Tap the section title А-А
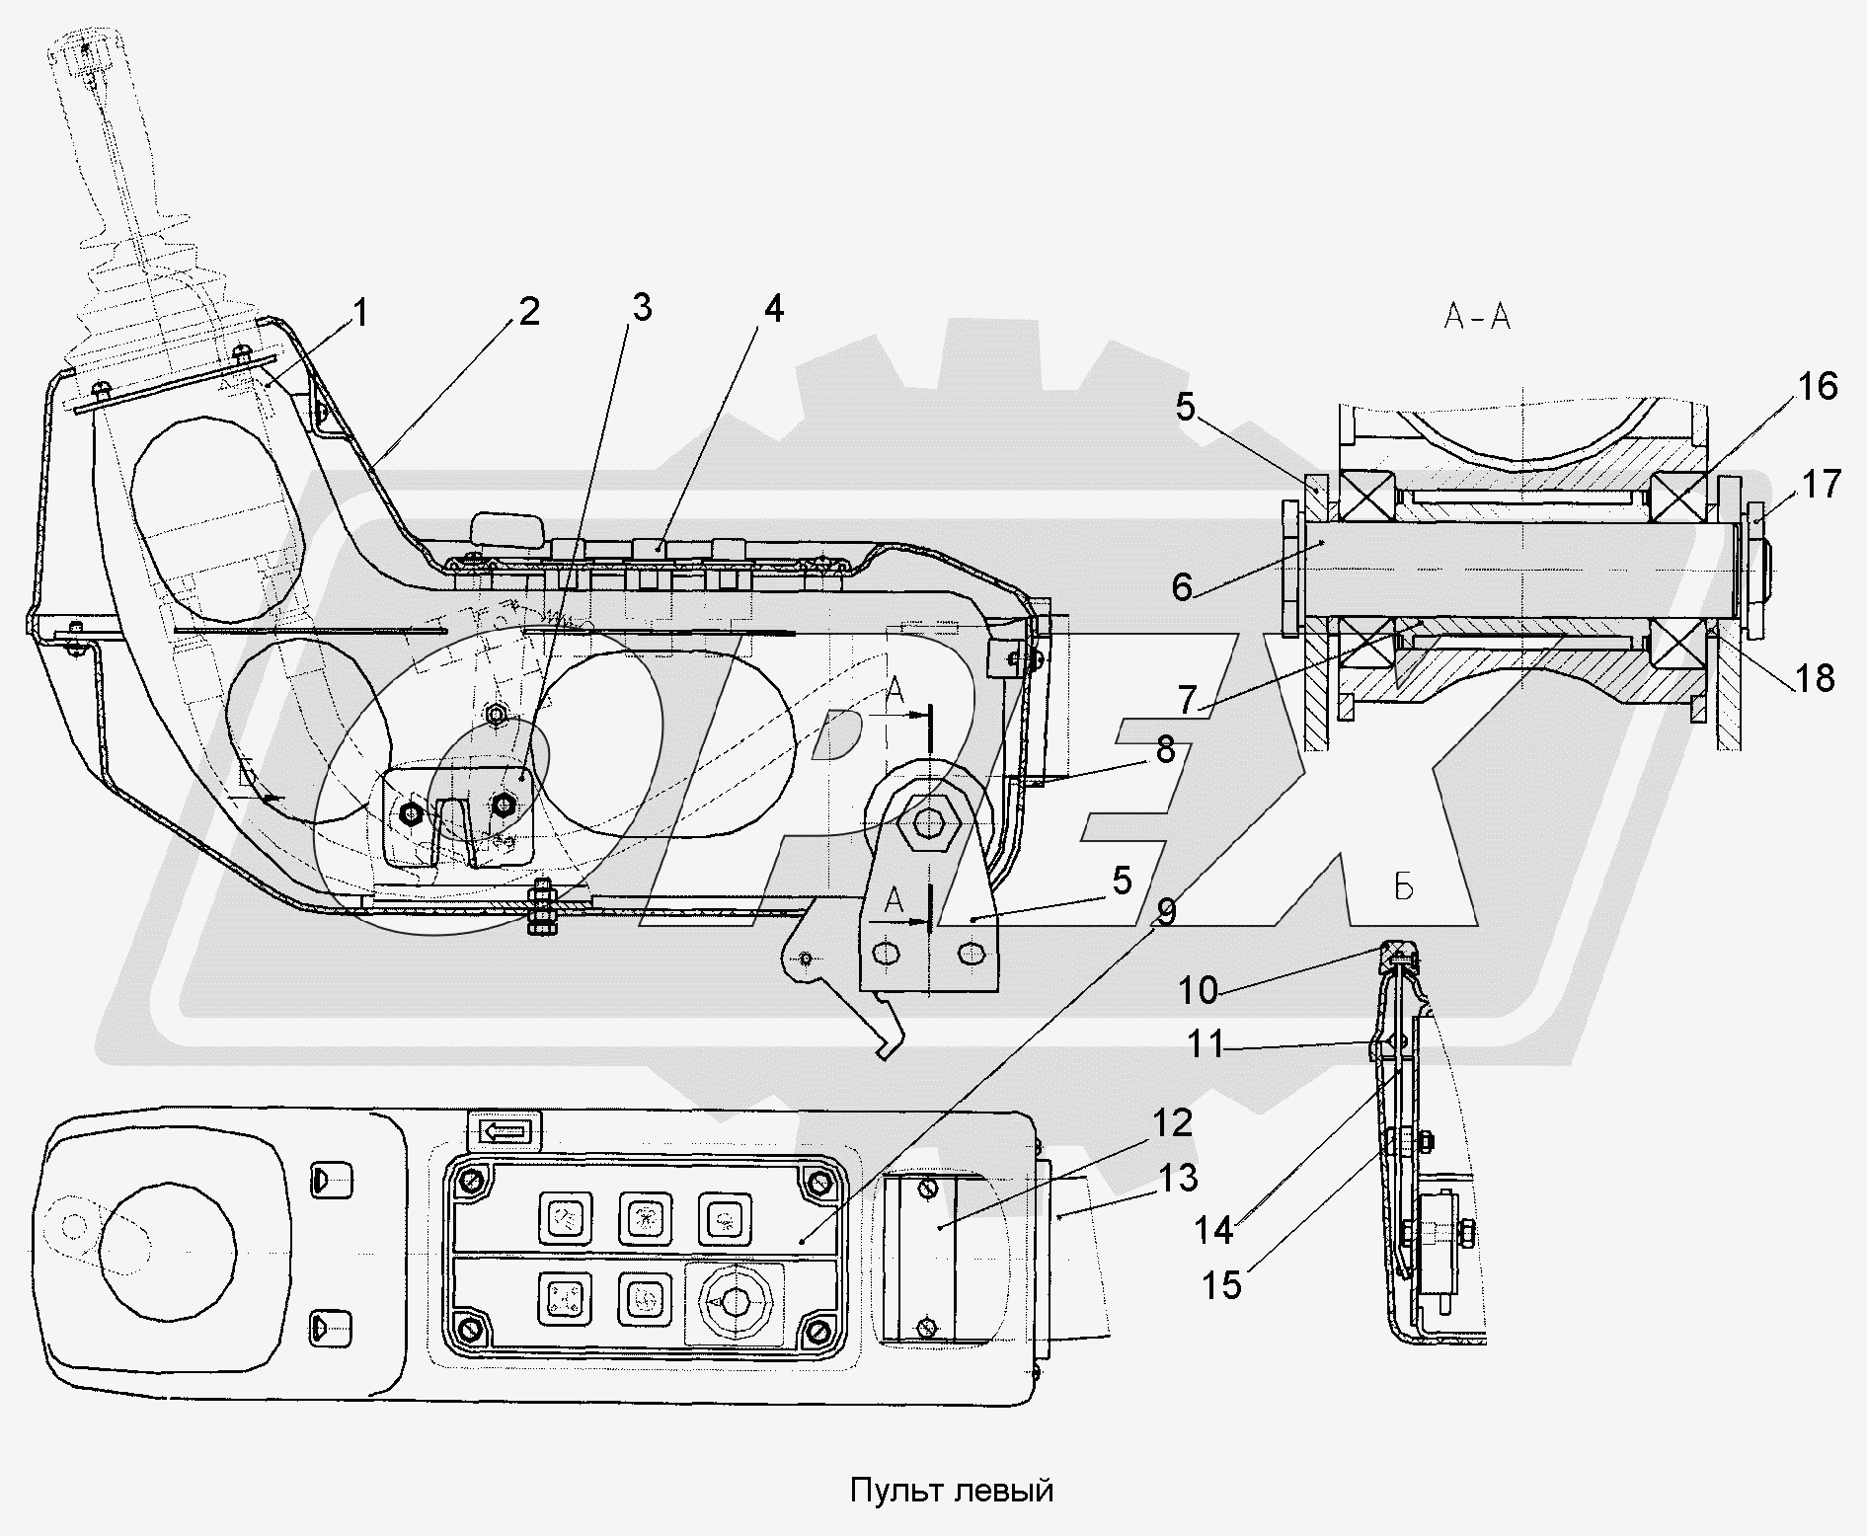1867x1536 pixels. (x=1478, y=317)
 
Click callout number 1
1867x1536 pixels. (x=360, y=314)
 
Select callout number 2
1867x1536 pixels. (x=529, y=312)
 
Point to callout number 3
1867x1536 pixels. (x=642, y=308)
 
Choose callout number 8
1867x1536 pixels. (x=1166, y=750)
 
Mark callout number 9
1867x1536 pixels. (x=1165, y=912)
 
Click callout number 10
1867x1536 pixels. (x=1199, y=989)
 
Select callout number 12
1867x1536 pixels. (x=1171, y=1122)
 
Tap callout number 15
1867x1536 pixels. (x=1221, y=1285)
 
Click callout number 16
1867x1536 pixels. (x=1817, y=386)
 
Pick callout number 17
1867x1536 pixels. (x=1821, y=485)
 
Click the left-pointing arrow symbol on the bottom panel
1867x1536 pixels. (x=507, y=1130)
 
